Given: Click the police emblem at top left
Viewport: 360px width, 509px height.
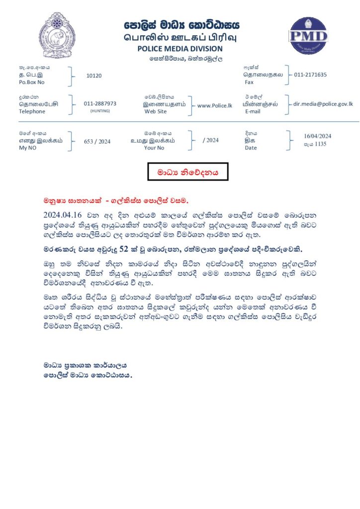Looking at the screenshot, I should click(57, 35).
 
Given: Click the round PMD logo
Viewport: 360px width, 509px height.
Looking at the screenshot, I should click(308, 36).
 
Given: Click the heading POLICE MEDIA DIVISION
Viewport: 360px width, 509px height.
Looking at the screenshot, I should click(180, 49).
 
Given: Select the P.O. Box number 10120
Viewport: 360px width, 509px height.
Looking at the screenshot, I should click(93, 76).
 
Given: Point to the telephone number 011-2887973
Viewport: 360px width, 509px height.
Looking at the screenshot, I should click(100, 103).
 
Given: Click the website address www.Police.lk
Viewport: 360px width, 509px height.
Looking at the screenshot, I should click(215, 105).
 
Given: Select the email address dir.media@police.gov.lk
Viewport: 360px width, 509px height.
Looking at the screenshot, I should click(323, 104).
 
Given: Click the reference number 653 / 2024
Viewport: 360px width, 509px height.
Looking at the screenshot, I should click(97, 141).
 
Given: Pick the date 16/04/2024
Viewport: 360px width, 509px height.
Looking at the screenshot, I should click(317, 136).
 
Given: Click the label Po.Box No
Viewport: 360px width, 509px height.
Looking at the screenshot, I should click(31, 82).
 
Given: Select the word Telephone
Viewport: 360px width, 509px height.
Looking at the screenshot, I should click(32, 111).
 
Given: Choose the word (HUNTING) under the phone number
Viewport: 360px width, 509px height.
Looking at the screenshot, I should click(100, 111).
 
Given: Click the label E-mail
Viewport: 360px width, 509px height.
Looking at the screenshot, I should click(253, 111).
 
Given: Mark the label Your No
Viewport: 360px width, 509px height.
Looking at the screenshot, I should click(154, 148).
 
